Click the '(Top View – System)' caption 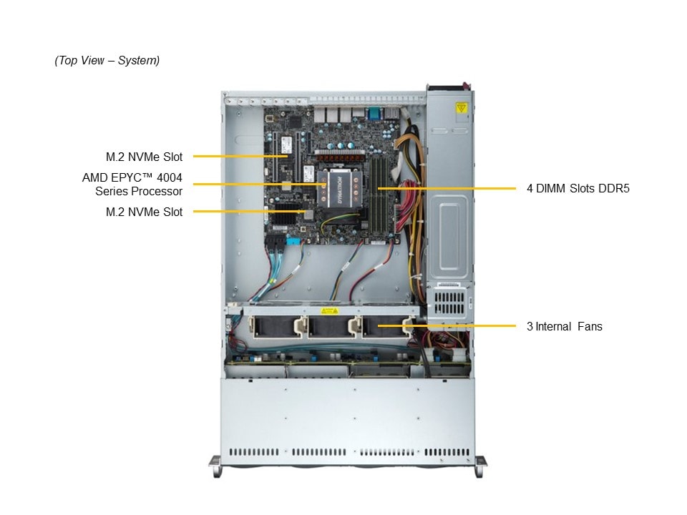click(107, 60)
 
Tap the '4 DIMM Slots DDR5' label click(578, 188)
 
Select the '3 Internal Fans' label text click(565, 326)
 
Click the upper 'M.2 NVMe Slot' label click(144, 157)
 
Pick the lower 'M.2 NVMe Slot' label click(144, 212)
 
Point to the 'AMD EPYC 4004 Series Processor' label click(132, 185)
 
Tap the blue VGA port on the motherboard click(374, 114)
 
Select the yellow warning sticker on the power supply click(461, 108)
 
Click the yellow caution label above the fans click(329, 311)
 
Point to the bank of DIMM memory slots click(379, 195)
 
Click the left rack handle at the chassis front click(215, 466)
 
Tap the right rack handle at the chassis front click(480, 466)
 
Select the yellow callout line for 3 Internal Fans click(447, 326)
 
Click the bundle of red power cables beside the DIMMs click(406, 206)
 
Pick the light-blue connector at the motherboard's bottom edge click(293, 241)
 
